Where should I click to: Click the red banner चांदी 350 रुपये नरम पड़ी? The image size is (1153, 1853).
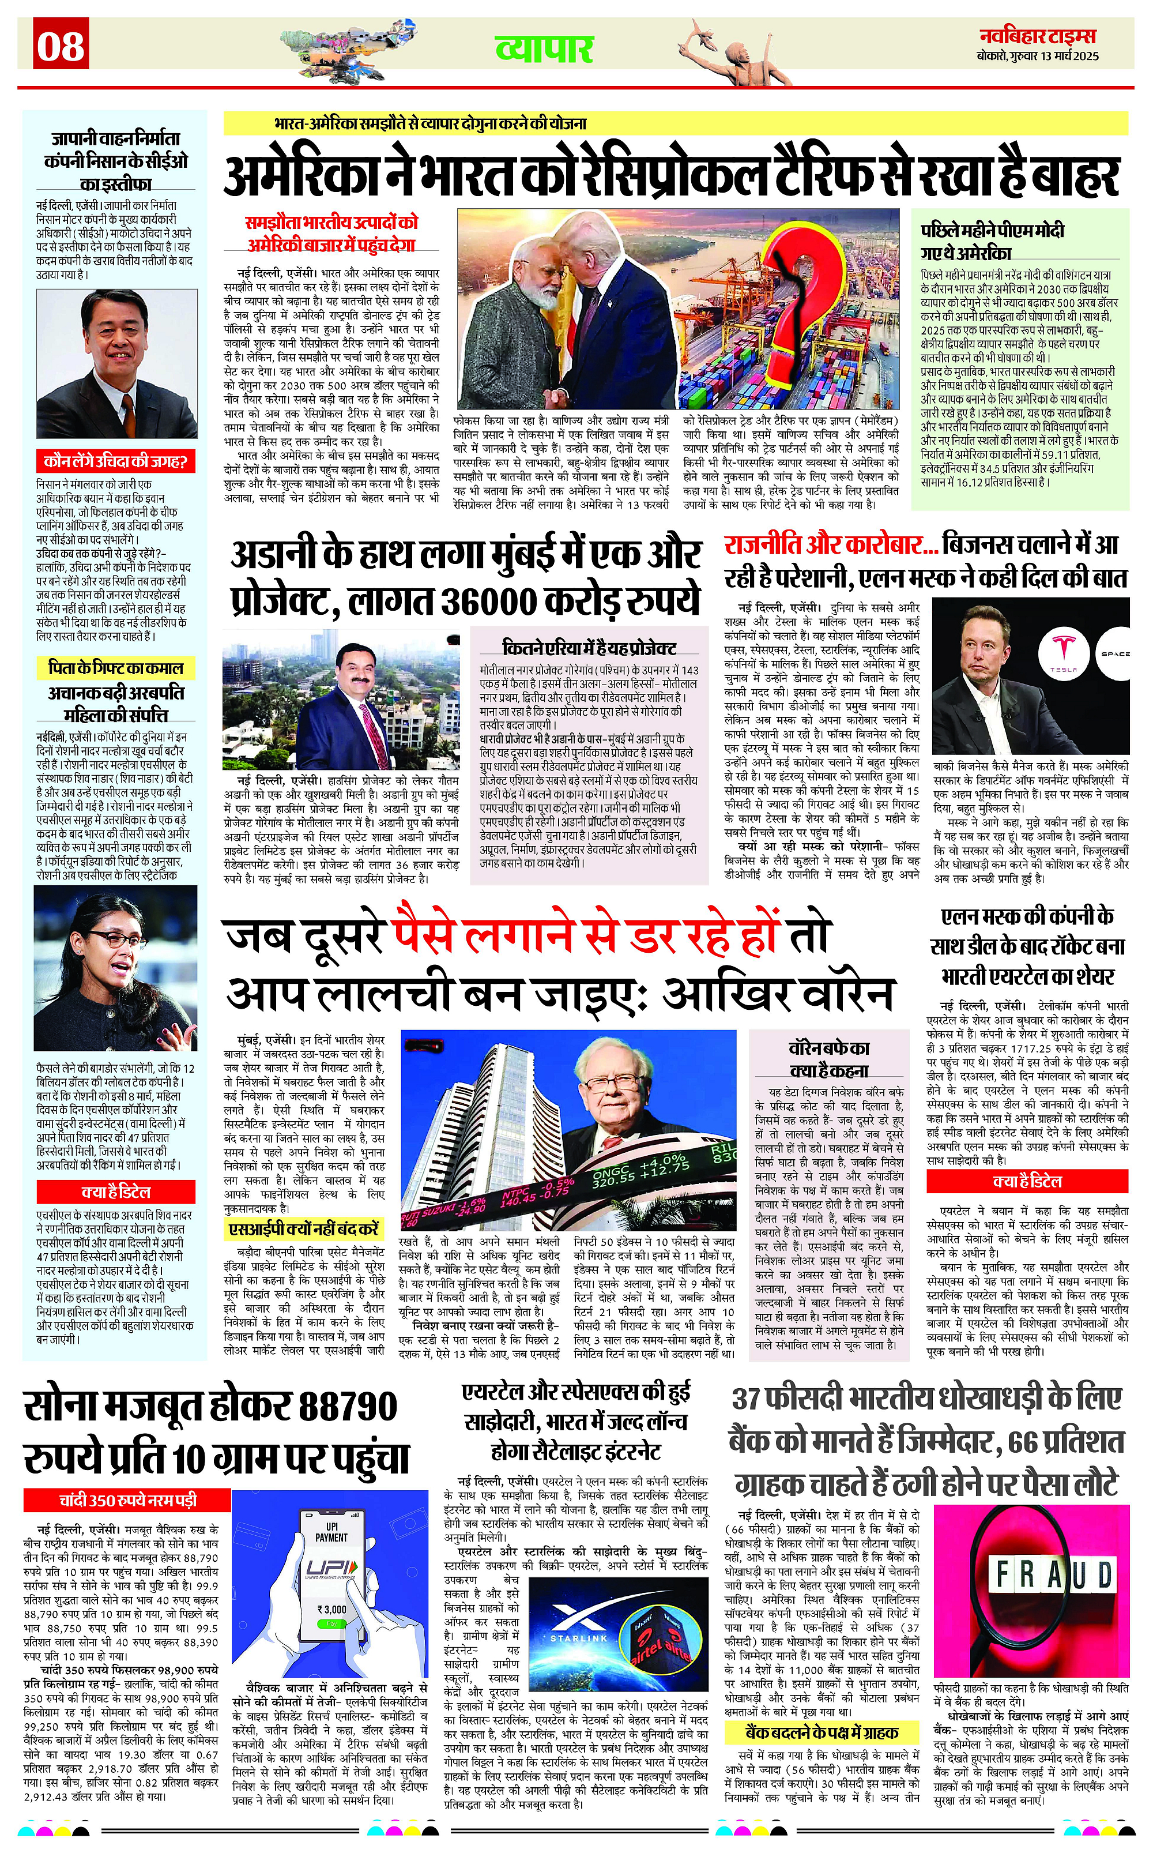[127, 1501]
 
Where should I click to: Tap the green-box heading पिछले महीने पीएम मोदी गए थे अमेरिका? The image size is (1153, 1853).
[992, 241]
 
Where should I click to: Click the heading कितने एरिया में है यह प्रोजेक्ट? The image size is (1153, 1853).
[589, 648]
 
